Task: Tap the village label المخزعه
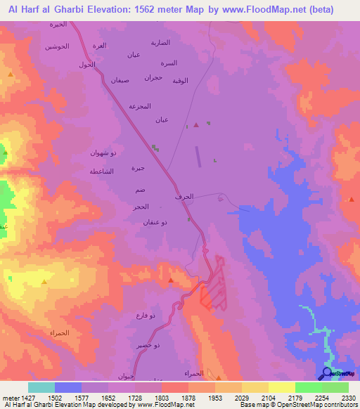click(x=141, y=106)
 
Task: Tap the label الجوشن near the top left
click(x=58, y=46)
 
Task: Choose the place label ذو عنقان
click(x=155, y=222)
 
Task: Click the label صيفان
click(x=120, y=80)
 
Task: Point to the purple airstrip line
click(x=198, y=156)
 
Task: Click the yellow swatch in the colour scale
click(x=281, y=387)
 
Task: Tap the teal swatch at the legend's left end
click(x=41, y=387)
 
